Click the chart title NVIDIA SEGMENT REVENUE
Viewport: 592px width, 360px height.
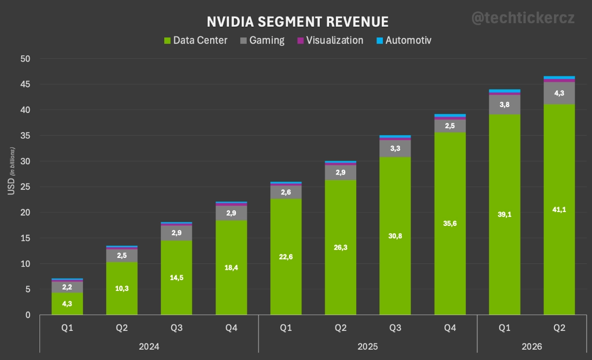297,22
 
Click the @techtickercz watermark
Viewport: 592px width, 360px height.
523,18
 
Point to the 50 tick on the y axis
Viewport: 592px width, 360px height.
24,59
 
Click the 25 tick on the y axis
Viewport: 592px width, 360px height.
24,187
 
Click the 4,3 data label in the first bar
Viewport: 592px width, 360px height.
67,304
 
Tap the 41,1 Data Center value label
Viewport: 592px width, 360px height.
559,209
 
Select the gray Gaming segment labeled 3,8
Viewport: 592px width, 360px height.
504,105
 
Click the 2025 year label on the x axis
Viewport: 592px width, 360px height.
368,347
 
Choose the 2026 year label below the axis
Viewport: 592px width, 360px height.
531,347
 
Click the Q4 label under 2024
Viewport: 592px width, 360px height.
231,328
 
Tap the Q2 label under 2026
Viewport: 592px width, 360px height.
559,328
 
